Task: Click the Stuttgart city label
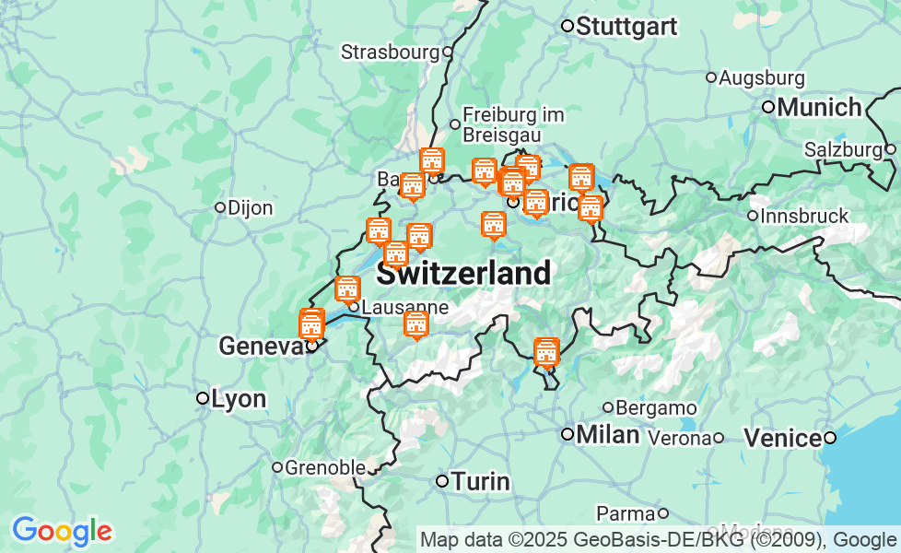click(x=626, y=27)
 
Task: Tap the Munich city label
click(x=819, y=107)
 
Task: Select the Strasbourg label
click(x=390, y=52)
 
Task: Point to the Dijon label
click(x=250, y=207)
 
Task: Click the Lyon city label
click(x=239, y=399)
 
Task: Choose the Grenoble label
click(x=324, y=467)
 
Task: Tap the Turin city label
click(x=479, y=481)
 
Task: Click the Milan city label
click(x=607, y=434)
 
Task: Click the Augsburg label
click(x=761, y=77)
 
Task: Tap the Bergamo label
click(x=655, y=407)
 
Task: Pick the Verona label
click(x=680, y=437)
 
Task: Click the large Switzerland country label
click(x=464, y=274)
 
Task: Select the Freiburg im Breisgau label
click(x=512, y=124)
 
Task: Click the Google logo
click(x=62, y=531)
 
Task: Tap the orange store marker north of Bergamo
click(x=546, y=352)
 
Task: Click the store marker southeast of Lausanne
click(x=416, y=324)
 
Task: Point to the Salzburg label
click(x=843, y=149)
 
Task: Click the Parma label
click(x=626, y=512)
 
